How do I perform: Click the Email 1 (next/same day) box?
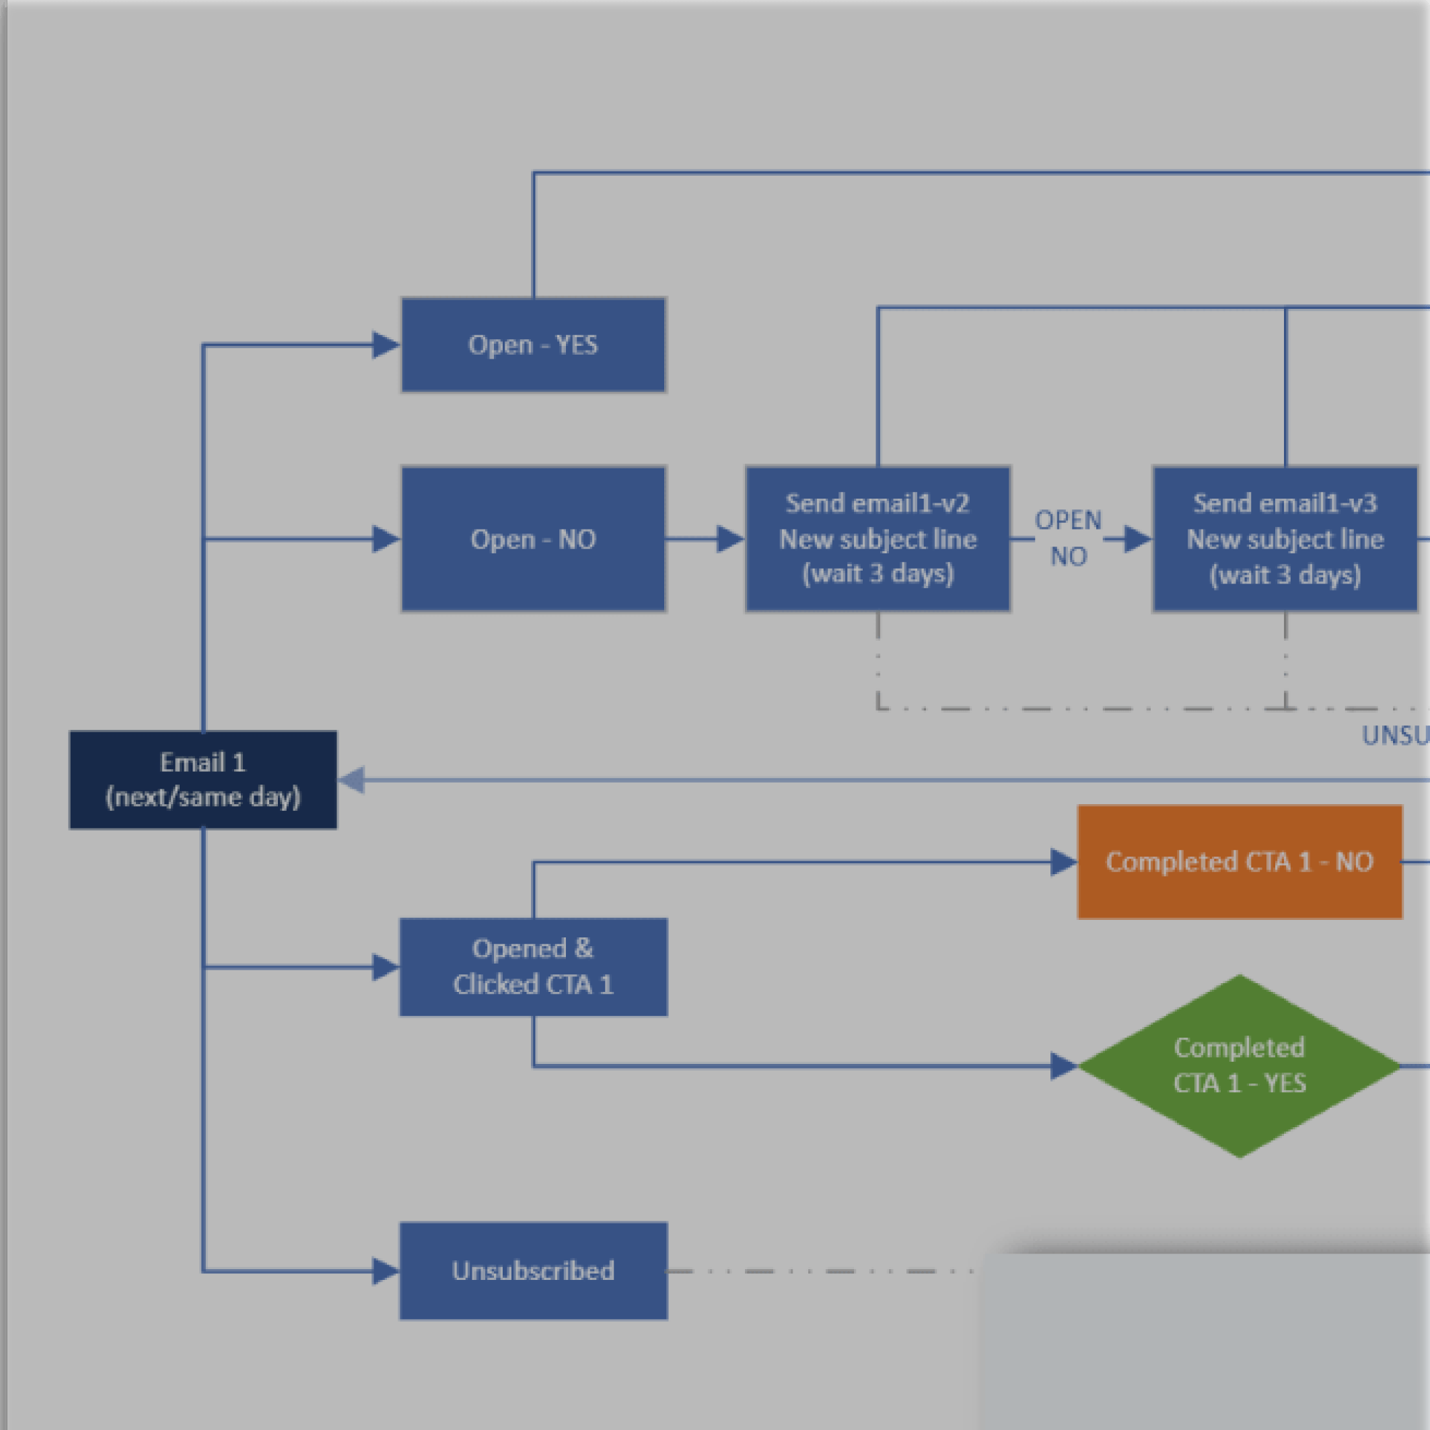pos(203,779)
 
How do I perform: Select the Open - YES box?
pos(533,345)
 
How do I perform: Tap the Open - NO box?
pos(533,539)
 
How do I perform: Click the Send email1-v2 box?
pos(877,539)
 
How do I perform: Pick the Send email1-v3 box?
pos(1285,539)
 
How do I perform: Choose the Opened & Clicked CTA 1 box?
pos(533,966)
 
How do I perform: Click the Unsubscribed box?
pos(533,1271)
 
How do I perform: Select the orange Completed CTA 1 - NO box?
pos(1240,861)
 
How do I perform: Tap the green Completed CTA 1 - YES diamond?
pos(1240,1066)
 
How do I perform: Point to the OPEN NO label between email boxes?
pos(1068,538)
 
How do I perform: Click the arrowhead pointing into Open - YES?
pos(386,345)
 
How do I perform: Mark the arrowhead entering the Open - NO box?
pos(386,539)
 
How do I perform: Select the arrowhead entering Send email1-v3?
pos(1138,539)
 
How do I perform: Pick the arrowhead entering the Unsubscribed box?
pos(386,1271)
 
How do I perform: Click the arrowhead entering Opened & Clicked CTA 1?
pos(386,966)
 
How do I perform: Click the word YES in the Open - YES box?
pos(577,345)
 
